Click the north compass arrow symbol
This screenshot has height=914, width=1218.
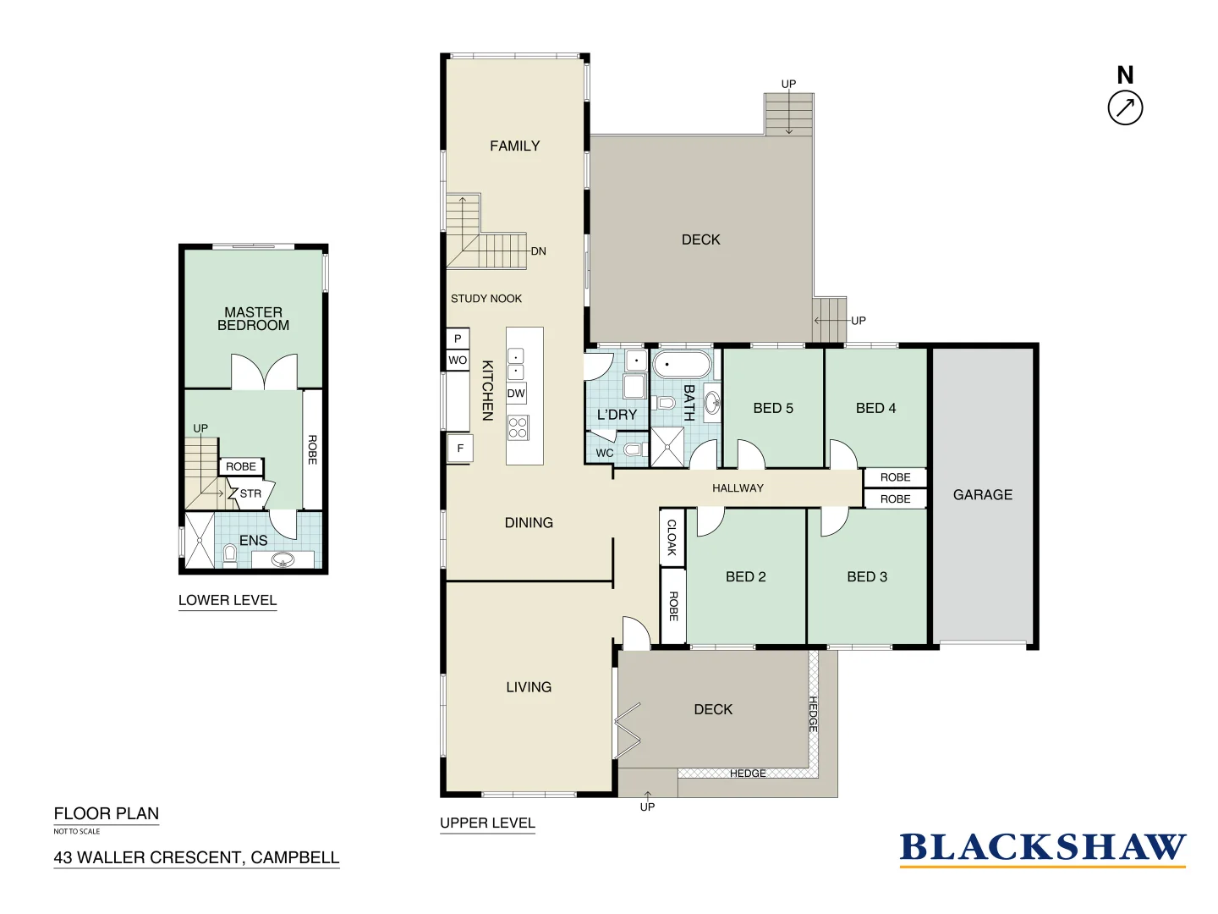point(1125,108)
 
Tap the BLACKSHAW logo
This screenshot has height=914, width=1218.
point(1042,848)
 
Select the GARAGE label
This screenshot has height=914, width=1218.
point(982,495)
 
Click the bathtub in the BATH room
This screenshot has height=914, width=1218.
point(682,365)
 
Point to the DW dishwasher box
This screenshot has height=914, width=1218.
point(516,394)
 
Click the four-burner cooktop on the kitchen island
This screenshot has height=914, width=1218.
point(518,427)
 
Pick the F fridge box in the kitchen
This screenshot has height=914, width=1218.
point(460,449)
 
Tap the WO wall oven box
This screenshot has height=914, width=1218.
point(458,361)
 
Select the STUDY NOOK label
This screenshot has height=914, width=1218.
point(486,299)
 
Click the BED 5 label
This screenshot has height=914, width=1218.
point(773,408)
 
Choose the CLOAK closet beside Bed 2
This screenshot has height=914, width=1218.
point(672,537)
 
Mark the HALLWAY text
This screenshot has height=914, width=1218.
point(738,488)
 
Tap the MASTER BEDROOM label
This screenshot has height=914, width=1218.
point(253,319)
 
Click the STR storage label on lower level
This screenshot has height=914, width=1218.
point(250,494)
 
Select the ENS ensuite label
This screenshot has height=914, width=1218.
point(253,541)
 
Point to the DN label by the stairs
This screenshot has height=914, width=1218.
point(539,251)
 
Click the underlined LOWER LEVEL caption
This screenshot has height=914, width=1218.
point(228,601)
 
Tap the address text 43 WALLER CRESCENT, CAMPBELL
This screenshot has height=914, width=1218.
point(196,858)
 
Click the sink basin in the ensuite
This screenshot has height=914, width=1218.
point(283,559)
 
